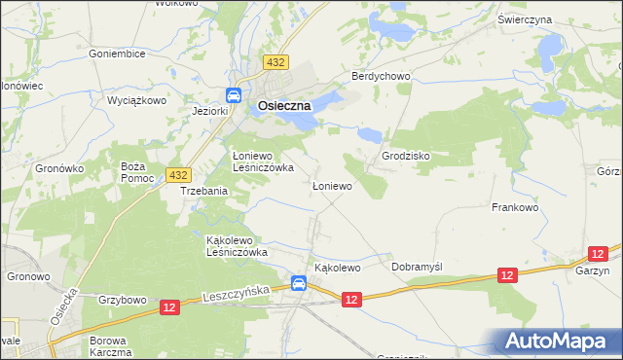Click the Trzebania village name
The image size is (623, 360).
[x=203, y=192]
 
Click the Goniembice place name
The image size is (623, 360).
[x=117, y=54]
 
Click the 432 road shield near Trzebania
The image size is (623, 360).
[x=177, y=174]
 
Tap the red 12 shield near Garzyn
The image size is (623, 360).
[x=507, y=276]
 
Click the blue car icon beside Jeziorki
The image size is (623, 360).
[x=235, y=95]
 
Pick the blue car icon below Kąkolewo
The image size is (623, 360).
[x=299, y=284]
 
